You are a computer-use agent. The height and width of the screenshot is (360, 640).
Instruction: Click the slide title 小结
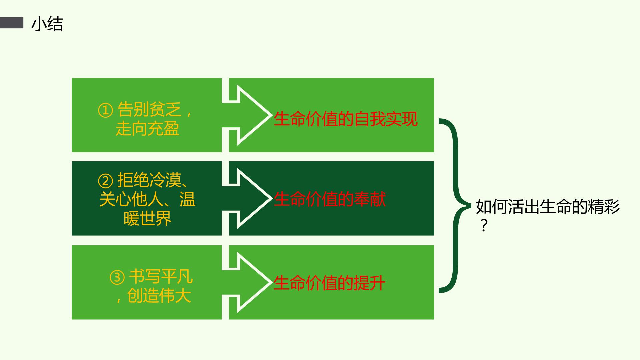[x=47, y=24]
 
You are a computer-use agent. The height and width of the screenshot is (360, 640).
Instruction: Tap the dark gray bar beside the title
[x=12, y=23]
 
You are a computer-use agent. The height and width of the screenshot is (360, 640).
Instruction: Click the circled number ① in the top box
[x=105, y=110]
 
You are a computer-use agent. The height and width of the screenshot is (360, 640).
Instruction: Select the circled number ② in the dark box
[x=105, y=181]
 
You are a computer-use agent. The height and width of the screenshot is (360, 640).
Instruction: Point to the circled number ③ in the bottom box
[x=117, y=277]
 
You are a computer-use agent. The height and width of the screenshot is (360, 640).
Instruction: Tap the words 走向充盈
[x=147, y=129]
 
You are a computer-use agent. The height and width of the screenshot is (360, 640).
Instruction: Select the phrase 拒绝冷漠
[x=149, y=180]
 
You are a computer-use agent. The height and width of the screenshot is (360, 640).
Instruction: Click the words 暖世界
[x=147, y=218]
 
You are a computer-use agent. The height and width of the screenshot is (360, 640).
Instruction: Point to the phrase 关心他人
[x=131, y=199]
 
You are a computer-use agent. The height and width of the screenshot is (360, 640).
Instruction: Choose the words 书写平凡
[x=161, y=277]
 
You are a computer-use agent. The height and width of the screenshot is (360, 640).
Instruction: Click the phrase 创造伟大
[x=159, y=296]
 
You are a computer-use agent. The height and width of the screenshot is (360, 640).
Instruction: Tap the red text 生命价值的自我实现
[x=346, y=119]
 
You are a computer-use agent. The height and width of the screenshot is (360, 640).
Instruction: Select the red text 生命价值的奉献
[x=330, y=199]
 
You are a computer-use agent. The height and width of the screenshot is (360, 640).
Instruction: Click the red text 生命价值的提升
[x=329, y=283]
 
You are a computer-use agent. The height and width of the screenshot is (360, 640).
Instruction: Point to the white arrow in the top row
[x=247, y=115]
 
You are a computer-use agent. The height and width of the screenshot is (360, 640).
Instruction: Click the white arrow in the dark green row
[x=247, y=198]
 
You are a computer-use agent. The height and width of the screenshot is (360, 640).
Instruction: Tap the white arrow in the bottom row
[x=247, y=282]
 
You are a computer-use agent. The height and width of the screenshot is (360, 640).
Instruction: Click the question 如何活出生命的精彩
[x=548, y=207]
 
